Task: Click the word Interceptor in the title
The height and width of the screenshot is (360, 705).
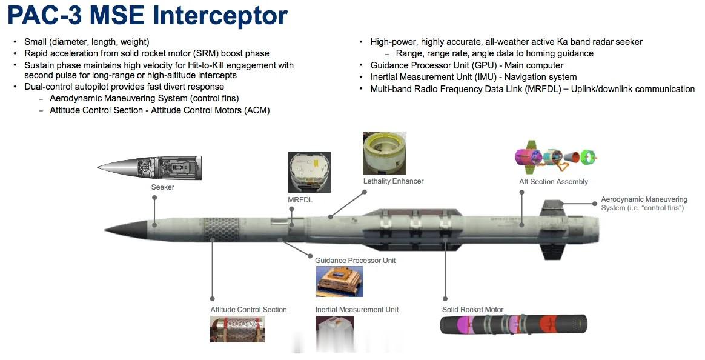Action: (220, 15)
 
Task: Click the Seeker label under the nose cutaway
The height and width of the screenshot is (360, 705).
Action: (163, 187)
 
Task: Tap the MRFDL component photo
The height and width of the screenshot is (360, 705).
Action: (309, 172)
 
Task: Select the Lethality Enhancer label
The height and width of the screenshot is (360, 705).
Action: (394, 181)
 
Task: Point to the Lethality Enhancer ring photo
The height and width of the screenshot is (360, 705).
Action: (385, 153)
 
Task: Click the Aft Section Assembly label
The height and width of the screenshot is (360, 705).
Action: (554, 182)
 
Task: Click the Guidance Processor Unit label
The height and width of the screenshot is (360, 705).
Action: (355, 261)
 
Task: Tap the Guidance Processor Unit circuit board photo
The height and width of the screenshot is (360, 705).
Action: (339, 282)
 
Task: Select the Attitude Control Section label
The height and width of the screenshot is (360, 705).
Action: (249, 310)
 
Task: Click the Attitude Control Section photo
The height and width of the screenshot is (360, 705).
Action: (237, 329)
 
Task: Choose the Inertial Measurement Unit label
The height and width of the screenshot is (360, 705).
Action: (357, 310)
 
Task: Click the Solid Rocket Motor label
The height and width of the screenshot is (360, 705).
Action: (472, 310)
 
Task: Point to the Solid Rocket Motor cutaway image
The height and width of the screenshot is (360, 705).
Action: (514, 324)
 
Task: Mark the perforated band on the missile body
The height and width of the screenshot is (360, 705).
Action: (216, 230)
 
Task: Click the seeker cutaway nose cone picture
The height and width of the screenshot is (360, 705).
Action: (149, 168)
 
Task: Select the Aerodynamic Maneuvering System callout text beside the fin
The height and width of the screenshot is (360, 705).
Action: (644, 204)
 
